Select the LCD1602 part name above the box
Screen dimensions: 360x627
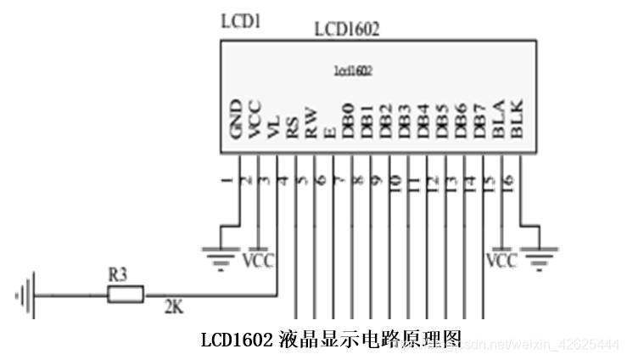(x=346, y=29)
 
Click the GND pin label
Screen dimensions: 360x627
(x=238, y=120)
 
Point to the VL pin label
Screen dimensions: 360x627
(x=274, y=126)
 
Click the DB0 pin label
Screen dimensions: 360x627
(x=349, y=120)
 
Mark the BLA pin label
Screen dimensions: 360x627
(x=499, y=120)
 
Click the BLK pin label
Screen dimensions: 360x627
(x=518, y=120)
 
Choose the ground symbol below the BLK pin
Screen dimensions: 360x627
(x=539, y=254)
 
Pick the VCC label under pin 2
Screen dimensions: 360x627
(x=258, y=260)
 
